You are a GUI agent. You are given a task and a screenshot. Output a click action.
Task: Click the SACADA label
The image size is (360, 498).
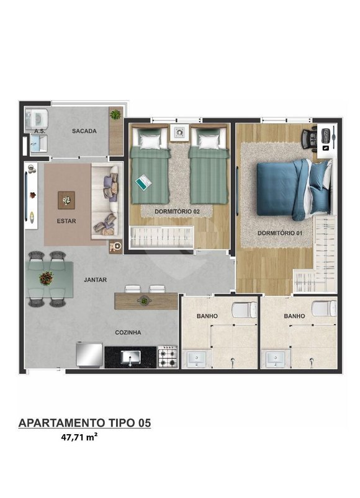point(84,131)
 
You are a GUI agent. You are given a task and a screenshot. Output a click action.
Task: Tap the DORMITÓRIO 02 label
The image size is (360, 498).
point(177,211)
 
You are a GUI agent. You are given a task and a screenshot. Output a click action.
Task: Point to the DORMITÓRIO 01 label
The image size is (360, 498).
point(279,233)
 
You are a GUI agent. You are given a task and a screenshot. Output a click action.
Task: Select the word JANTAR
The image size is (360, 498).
point(96,280)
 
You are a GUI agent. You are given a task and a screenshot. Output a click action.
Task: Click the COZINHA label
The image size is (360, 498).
point(128,332)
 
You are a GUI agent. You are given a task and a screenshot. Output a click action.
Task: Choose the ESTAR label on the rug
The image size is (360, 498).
point(66,221)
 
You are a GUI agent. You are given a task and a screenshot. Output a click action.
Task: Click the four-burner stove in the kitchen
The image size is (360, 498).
point(168,357)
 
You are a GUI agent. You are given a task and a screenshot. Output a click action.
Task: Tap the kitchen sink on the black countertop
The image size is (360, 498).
point(130,358)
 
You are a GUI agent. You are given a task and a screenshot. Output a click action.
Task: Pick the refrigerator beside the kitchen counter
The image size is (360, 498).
point(89,355)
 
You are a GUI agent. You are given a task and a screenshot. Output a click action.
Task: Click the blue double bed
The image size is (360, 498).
point(293,189)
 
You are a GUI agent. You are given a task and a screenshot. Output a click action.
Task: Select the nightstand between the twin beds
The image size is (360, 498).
point(179,133)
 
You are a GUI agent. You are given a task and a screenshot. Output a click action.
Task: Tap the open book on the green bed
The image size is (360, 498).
point(143,182)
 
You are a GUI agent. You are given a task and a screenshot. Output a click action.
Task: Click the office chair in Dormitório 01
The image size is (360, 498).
point(310,138)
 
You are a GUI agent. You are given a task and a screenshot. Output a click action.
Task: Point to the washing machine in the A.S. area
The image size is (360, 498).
point(37,120)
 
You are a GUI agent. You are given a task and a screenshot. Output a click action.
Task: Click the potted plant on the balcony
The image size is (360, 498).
point(115,114)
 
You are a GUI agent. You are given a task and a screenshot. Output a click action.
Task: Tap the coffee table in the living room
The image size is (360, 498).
point(66,200)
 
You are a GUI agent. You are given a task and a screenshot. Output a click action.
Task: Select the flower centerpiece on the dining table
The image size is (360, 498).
point(47,278)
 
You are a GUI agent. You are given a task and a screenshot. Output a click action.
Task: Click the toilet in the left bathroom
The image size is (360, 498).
point(244,309)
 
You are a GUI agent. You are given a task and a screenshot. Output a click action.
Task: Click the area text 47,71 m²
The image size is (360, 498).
point(79,437)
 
